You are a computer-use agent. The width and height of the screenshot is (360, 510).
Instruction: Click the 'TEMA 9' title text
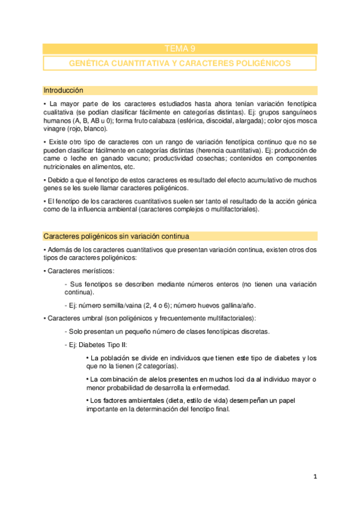point(180,49)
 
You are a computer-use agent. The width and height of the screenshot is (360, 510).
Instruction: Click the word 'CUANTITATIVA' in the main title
point(130,63)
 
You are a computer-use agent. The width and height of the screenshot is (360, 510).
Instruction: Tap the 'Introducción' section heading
point(63,90)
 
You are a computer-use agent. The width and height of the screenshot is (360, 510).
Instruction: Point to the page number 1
point(315,477)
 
